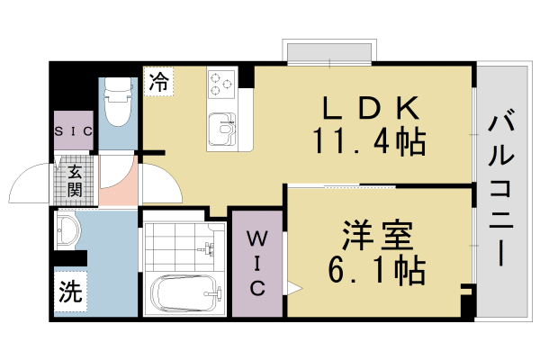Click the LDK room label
click(x=370, y=110)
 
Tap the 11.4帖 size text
click(x=369, y=141)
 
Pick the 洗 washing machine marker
click(x=69, y=292)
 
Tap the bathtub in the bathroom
click(x=184, y=292)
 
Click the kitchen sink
click(x=221, y=131)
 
